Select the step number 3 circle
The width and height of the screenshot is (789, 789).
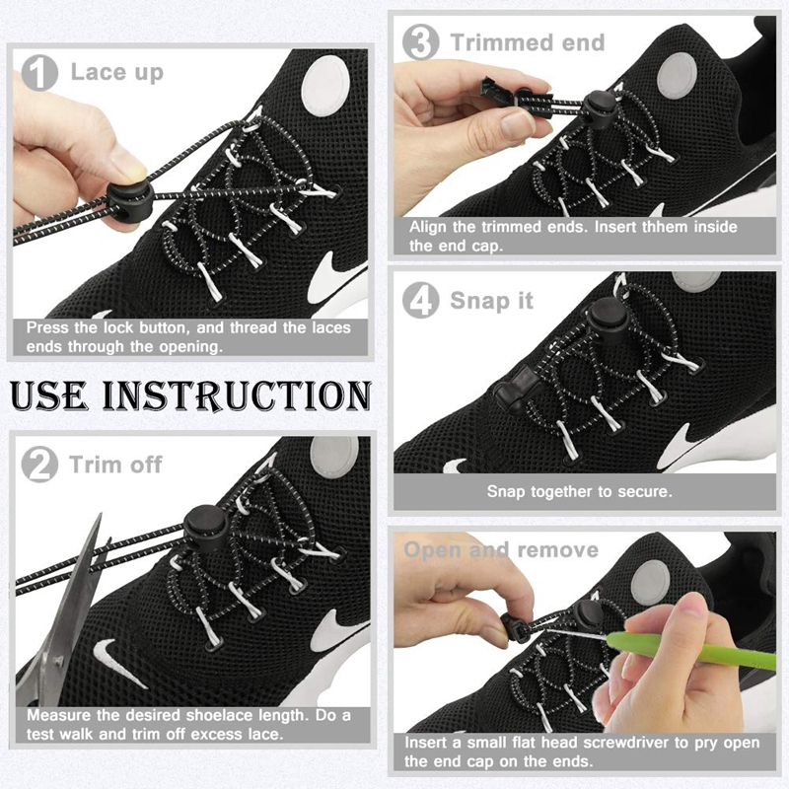422,42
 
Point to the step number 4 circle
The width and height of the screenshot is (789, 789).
422,300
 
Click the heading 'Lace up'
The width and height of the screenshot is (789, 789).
117,72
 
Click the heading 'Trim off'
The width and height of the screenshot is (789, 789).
115,465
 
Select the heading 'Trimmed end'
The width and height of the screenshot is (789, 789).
528,42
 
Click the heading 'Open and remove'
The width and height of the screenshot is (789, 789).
501,549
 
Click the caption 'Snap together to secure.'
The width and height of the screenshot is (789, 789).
579,491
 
